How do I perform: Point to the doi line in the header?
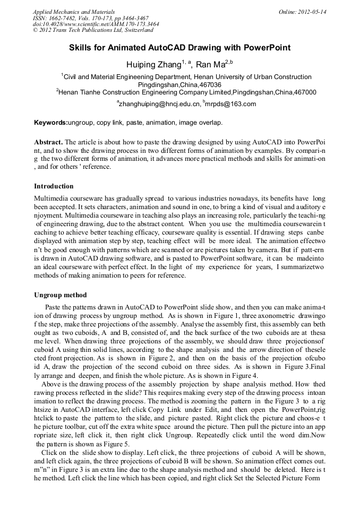coord(96,24)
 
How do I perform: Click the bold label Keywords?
coord(51,123)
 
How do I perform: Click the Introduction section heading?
coord(54,186)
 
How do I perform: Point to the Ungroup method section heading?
coord(60,295)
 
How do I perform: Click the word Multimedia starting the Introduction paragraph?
coord(53,197)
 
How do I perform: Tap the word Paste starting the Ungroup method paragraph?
coord(54,307)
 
